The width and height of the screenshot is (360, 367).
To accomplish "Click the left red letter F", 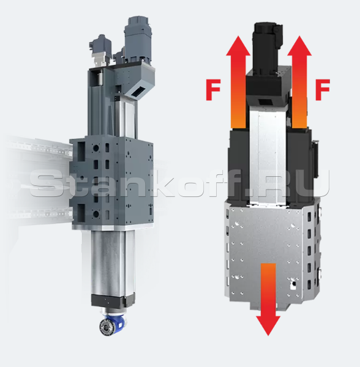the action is (213, 90).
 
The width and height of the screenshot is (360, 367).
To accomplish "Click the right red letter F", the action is (323, 90).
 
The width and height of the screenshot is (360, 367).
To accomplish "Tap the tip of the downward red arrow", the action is (268, 336).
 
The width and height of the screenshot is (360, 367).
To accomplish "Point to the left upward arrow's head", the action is (238, 46).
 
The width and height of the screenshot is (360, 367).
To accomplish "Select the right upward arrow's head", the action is (299, 46).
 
